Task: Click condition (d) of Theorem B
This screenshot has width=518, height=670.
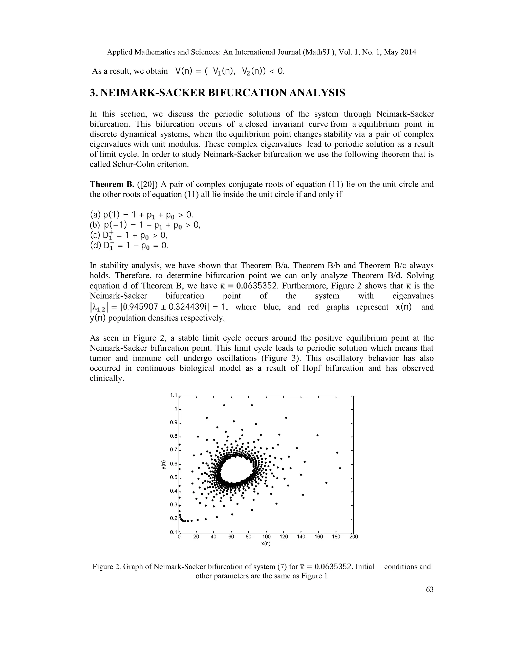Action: [129, 246]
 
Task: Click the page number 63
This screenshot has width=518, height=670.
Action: [430, 589]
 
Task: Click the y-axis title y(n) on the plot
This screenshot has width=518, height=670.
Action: [164, 465]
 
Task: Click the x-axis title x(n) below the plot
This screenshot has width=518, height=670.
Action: [266, 543]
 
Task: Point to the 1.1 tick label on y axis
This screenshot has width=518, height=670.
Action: [174, 395]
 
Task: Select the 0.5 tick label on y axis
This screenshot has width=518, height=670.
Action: [174, 477]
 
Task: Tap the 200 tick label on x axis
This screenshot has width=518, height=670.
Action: [354, 537]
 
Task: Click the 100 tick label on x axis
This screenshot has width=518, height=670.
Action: [266, 537]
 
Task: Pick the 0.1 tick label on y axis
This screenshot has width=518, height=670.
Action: [174, 532]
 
